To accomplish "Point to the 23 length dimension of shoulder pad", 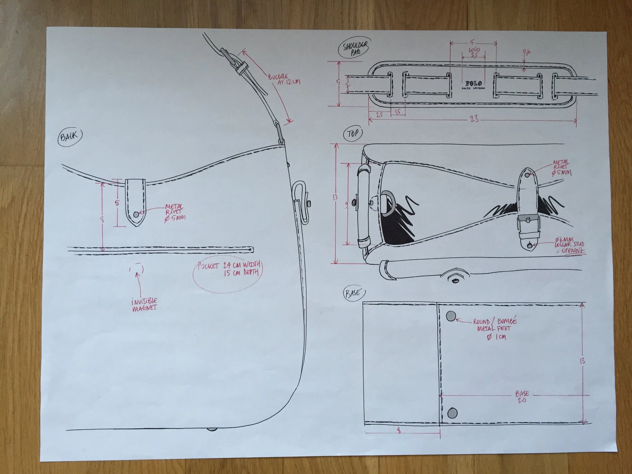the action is pos(474,119).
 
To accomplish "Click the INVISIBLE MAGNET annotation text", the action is pos(144,305).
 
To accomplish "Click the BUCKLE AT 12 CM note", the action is pos(284,80).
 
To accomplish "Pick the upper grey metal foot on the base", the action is pos(452,316).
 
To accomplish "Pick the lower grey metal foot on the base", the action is pos(452,413).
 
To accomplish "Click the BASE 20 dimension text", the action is pos(522,397).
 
